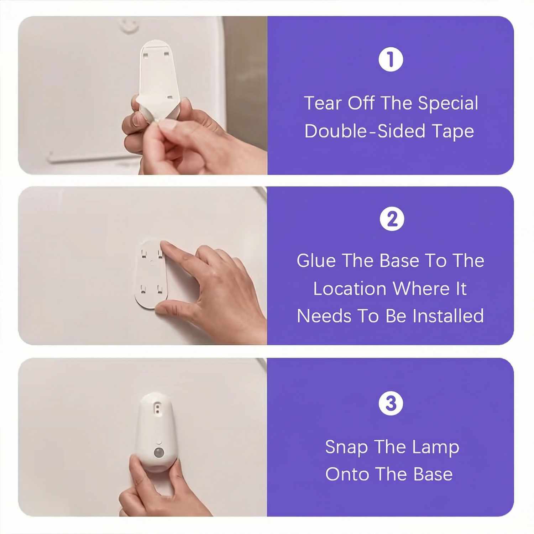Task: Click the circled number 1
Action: click(391, 59)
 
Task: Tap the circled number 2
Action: click(392, 219)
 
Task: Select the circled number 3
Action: click(391, 403)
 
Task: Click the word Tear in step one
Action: click(323, 103)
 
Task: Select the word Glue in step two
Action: click(316, 261)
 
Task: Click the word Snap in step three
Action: click(346, 447)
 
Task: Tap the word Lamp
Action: click(435, 447)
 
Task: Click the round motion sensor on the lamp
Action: click(159, 453)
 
